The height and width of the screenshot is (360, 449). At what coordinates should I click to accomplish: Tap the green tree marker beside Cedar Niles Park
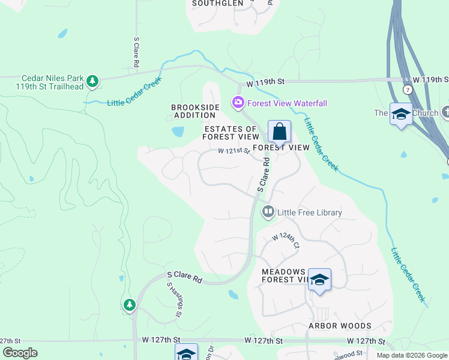pyautogui.click(x=92, y=80)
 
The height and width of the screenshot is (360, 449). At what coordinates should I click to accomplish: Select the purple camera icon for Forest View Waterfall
pyautogui.click(x=238, y=103)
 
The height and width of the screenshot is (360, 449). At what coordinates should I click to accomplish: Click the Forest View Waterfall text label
pyautogui.click(x=287, y=103)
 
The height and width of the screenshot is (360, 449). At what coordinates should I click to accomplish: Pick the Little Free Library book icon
pyautogui.click(x=268, y=212)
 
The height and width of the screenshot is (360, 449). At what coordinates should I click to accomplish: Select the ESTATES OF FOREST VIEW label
pyautogui.click(x=231, y=133)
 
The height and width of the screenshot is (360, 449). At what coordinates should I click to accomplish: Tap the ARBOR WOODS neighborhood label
pyautogui.click(x=340, y=326)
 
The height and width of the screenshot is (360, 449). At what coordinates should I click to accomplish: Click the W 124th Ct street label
pyautogui.click(x=286, y=241)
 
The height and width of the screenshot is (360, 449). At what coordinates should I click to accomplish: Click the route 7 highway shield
pyautogui.click(x=408, y=89)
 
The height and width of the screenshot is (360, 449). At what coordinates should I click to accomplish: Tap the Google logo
pyautogui.click(x=20, y=353)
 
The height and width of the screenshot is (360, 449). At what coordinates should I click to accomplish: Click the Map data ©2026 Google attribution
pyautogui.click(x=411, y=355)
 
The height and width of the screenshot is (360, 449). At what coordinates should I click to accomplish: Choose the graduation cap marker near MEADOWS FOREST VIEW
pyautogui.click(x=320, y=280)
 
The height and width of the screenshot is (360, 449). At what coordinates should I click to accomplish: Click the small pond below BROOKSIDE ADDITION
pyautogui.click(x=178, y=131)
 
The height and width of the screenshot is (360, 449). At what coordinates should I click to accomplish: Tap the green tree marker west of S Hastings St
pyautogui.click(x=129, y=305)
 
